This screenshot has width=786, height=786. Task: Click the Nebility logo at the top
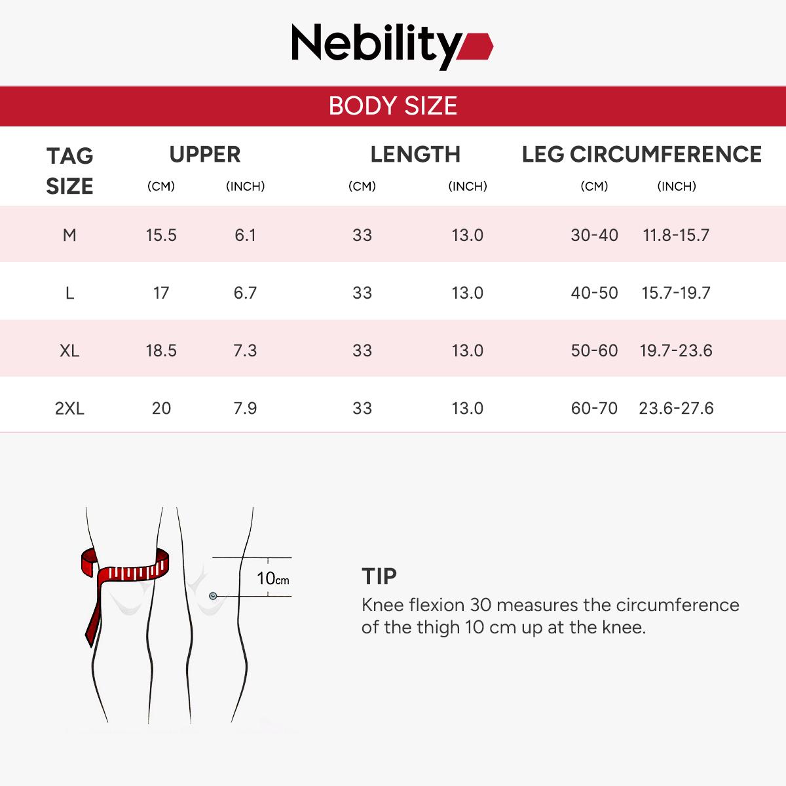pyautogui.click(x=392, y=45)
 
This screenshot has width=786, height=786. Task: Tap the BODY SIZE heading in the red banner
pyautogui.click(x=393, y=106)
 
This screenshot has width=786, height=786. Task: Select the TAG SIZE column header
pyautogui.click(x=69, y=171)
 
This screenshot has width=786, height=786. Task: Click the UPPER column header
pyautogui.click(x=205, y=155)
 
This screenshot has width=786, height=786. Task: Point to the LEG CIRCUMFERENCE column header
pyautogui.click(x=642, y=155)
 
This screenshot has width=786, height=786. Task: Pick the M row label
pyautogui.click(x=69, y=235)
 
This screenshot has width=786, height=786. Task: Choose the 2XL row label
pyautogui.click(x=69, y=408)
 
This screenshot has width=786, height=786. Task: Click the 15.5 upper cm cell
pyautogui.click(x=161, y=235)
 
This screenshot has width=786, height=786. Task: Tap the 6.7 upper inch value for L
pyautogui.click(x=245, y=293)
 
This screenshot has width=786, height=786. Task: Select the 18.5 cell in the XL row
pyautogui.click(x=161, y=350)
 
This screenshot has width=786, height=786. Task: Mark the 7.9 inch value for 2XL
pyautogui.click(x=245, y=408)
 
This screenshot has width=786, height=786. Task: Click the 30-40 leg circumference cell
pyautogui.click(x=594, y=235)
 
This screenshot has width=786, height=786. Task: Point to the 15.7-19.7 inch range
pyautogui.click(x=676, y=293)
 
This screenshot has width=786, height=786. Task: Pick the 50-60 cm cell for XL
pyautogui.click(x=594, y=350)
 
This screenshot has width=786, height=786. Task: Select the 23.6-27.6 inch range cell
pyautogui.click(x=676, y=408)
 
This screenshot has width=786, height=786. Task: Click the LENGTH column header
pyautogui.click(x=415, y=155)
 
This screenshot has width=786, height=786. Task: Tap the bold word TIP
pyautogui.click(x=379, y=576)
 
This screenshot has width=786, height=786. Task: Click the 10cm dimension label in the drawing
pyautogui.click(x=272, y=578)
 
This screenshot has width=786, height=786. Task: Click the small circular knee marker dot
pyautogui.click(x=213, y=595)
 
